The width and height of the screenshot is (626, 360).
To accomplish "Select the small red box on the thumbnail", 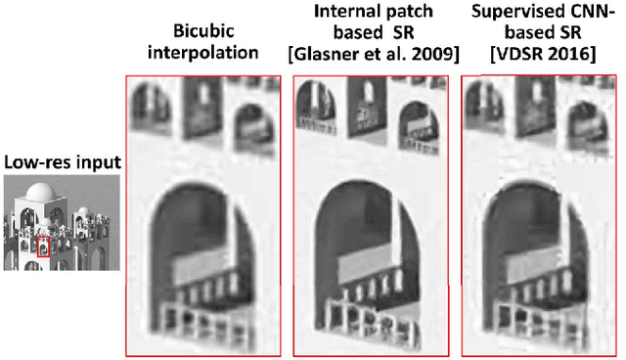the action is tap(43, 247).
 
